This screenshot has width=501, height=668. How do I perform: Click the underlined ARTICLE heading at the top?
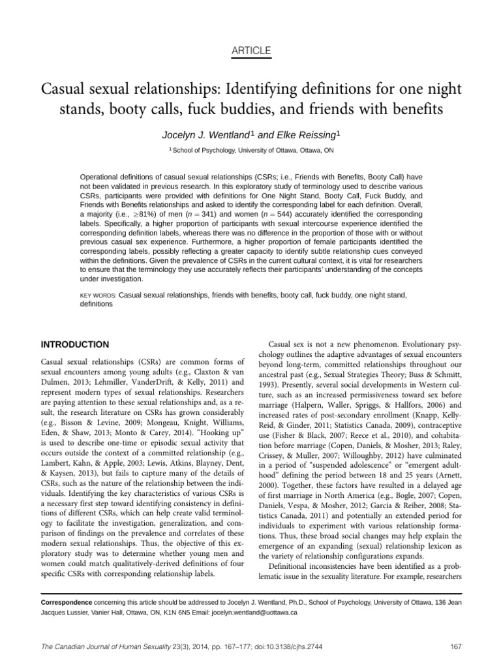point(250,51)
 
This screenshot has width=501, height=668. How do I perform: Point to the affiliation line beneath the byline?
point(250,150)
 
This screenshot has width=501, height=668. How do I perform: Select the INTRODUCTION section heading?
point(74,344)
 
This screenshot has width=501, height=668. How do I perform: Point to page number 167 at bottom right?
point(456,647)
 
